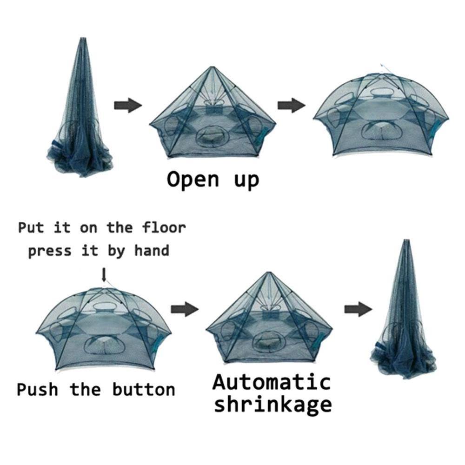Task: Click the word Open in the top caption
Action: pos(193,179)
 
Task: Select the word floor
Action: pos(164,228)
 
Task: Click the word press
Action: pos(50,252)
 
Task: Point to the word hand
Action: pos(152,251)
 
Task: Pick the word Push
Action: pos(37,390)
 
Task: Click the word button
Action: pos(144,390)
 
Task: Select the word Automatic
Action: pos(272,382)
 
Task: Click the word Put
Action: pos(31,228)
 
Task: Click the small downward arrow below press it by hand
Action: pos(104,275)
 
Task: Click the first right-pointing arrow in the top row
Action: pos(128,105)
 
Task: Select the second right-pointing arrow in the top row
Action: pos(292,105)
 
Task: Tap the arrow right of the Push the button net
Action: pos(185,309)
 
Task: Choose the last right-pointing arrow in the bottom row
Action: pos(358,309)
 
